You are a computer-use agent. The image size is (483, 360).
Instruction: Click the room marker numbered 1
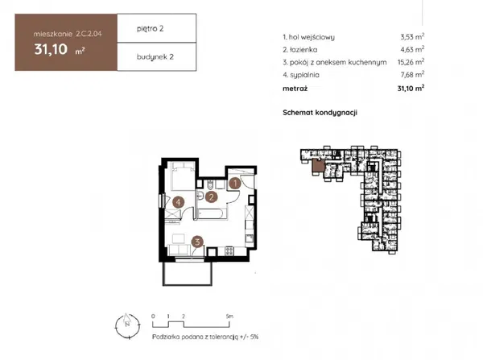[235, 184]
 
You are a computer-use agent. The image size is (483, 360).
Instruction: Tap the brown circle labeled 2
[211, 197]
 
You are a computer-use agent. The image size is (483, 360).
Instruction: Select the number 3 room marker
[197, 242]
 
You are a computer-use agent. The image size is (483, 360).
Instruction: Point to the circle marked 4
[179, 202]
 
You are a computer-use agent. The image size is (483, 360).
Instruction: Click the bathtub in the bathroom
[212, 213]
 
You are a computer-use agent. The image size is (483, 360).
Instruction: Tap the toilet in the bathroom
[210, 184]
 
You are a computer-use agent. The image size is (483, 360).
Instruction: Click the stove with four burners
[229, 250]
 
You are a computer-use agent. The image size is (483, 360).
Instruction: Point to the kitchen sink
[249, 238]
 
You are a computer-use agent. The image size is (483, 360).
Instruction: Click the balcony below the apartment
[188, 274]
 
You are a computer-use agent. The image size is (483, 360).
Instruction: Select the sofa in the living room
[179, 250]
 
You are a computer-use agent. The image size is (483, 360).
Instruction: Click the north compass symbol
[127, 326]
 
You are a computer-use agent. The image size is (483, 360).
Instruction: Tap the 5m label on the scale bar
[229, 317]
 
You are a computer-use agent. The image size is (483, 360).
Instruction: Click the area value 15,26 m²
[411, 62]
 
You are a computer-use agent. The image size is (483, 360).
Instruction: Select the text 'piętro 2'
[150, 29]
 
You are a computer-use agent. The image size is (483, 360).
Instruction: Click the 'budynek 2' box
[157, 56]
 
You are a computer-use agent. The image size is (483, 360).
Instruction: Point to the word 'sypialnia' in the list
[304, 75]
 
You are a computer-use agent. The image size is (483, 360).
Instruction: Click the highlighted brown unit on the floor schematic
[318, 166]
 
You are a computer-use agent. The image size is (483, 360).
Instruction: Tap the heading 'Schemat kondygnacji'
[320, 113]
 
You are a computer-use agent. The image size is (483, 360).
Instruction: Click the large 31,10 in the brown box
[51, 49]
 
